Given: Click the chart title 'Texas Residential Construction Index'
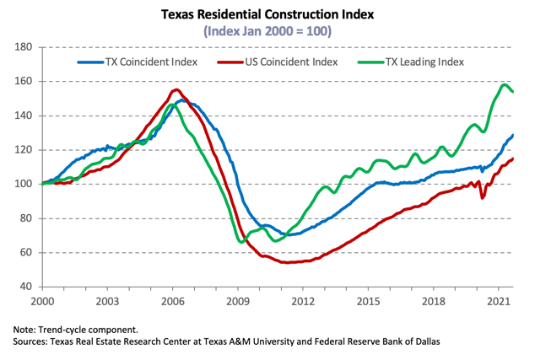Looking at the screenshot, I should click(x=268, y=14).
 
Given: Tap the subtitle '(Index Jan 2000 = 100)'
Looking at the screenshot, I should click(x=268, y=31).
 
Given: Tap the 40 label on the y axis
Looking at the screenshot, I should click(x=25, y=287).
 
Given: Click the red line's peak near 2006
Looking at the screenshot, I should click(x=176, y=89).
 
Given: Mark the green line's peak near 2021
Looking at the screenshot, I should click(x=505, y=84).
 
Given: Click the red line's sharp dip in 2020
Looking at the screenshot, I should click(x=483, y=197).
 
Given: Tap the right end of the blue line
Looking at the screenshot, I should click(x=513, y=135).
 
